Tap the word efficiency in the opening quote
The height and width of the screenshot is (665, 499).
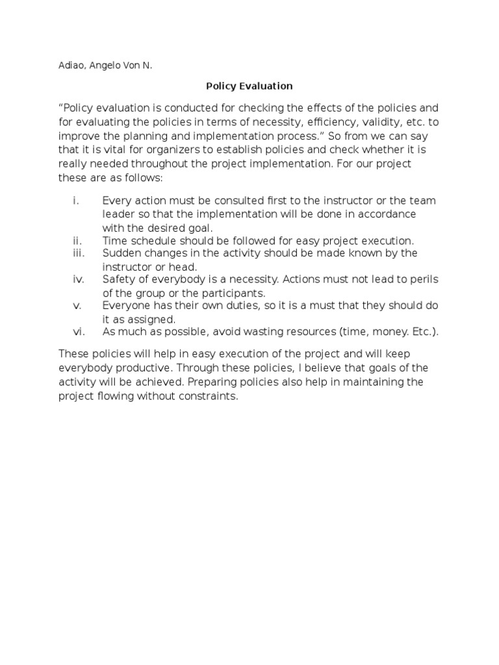coord(314,121)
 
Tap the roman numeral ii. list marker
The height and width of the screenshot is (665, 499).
coord(77,240)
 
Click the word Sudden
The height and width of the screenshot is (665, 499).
coord(121,253)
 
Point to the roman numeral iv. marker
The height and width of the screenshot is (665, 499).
coord(77,279)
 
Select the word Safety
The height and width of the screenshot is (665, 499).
coord(118,279)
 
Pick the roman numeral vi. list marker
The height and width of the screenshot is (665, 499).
coord(77,332)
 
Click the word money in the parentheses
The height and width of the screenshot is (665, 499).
coord(383,332)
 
